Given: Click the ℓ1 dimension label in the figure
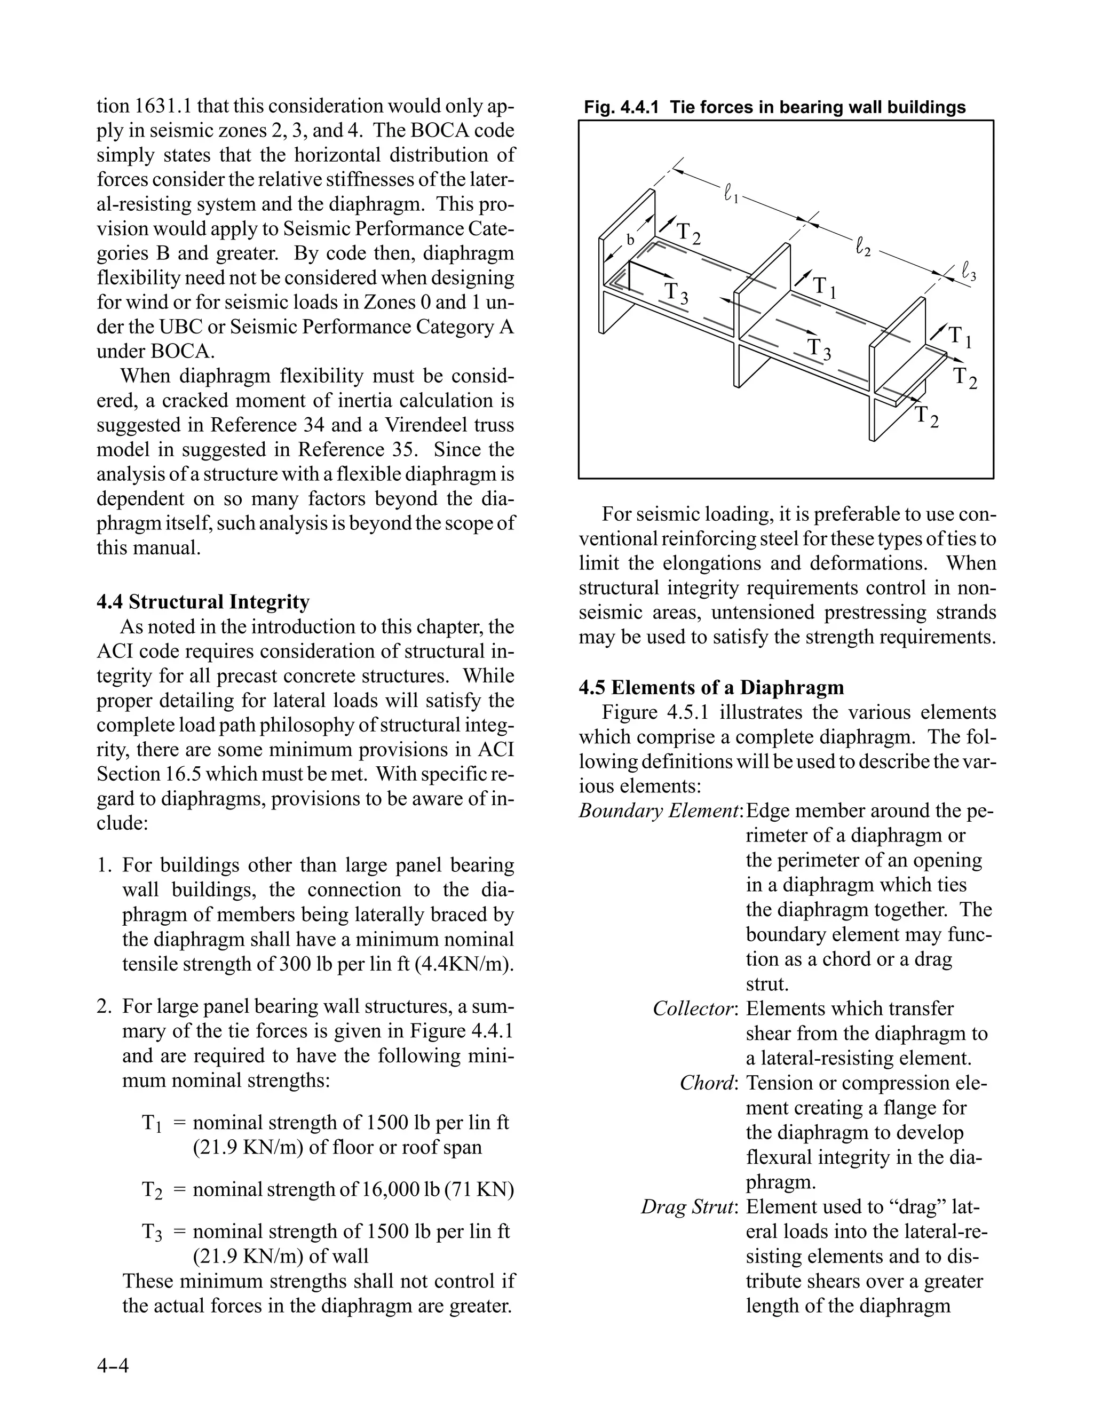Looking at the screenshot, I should [x=731, y=194].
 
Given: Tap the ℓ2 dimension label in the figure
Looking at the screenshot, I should [x=863, y=247].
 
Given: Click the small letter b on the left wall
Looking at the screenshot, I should [x=630, y=240].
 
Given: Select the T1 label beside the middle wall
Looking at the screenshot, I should [x=824, y=287].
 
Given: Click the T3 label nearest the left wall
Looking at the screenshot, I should [x=677, y=292].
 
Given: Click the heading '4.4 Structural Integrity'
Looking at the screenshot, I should [x=203, y=602].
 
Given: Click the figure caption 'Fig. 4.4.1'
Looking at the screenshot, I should [x=620, y=107].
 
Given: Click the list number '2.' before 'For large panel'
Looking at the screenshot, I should [x=106, y=1007].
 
